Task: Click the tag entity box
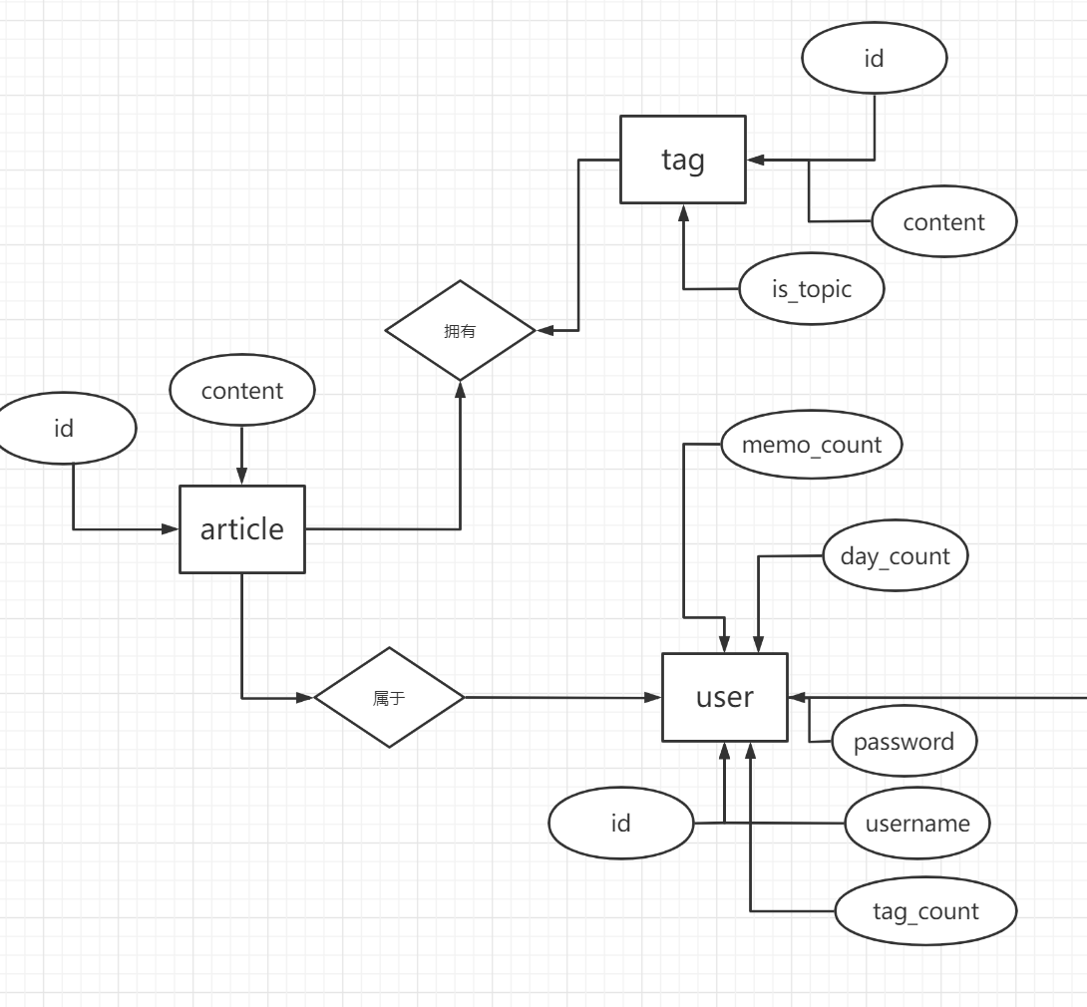pyautogui.click(x=682, y=160)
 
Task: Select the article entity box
pyautogui.click(x=242, y=529)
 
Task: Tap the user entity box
pyautogui.click(x=725, y=697)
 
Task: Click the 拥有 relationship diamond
pyautogui.click(x=461, y=331)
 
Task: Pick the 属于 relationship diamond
pyautogui.click(x=389, y=698)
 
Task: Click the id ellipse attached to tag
pyautogui.click(x=874, y=58)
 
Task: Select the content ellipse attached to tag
pyautogui.click(x=943, y=222)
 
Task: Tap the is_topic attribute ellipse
pyautogui.click(x=812, y=289)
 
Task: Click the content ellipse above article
pyautogui.click(x=242, y=391)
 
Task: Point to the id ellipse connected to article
pyautogui.click(x=64, y=429)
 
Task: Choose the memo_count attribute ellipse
pyautogui.click(x=811, y=444)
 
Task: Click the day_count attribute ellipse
pyautogui.click(x=896, y=555)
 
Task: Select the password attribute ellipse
pyautogui.click(x=904, y=742)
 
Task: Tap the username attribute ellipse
pyautogui.click(x=917, y=824)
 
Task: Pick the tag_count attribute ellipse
pyautogui.click(x=925, y=911)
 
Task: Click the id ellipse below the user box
pyautogui.click(x=621, y=824)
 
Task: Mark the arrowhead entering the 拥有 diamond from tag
pyautogui.click(x=543, y=330)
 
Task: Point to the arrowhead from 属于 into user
pyautogui.click(x=655, y=698)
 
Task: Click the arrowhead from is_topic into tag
pyautogui.click(x=684, y=211)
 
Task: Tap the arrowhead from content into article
pyautogui.click(x=242, y=478)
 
